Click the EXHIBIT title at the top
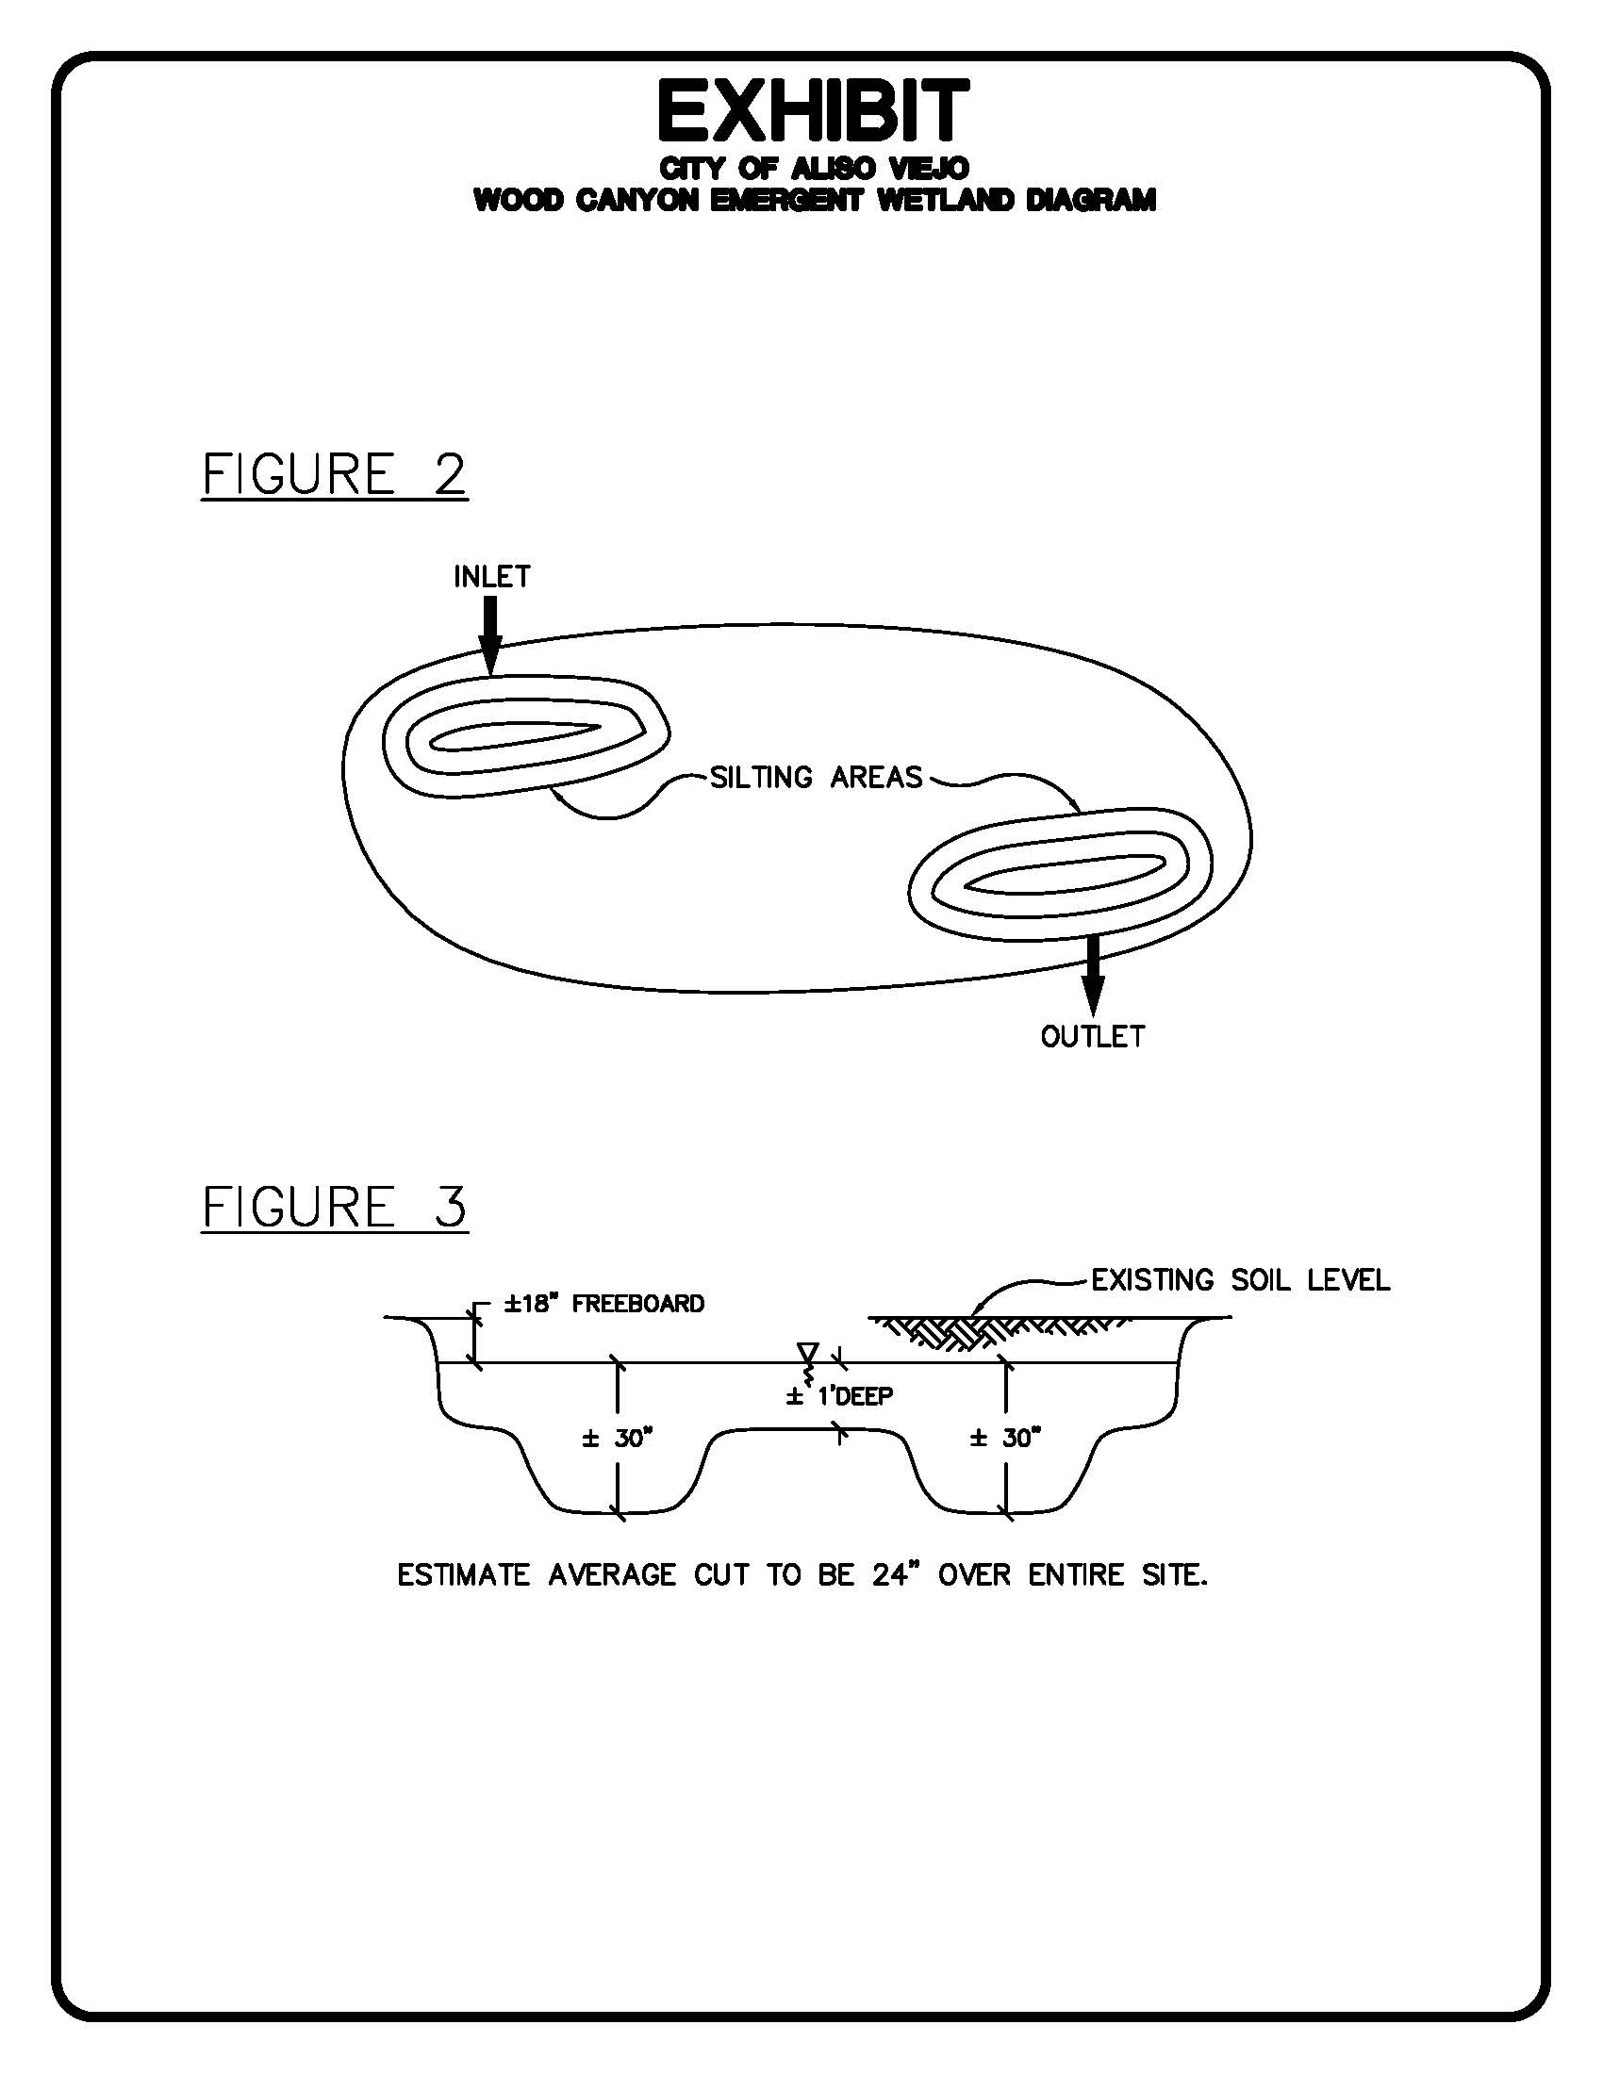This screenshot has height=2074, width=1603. [814, 111]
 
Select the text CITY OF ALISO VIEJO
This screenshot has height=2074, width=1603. [814, 169]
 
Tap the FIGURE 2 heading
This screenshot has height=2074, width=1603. [335, 474]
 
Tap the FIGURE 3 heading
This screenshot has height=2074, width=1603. [335, 1206]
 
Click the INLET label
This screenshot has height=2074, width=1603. [492, 576]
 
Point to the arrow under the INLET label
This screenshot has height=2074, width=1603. [490, 635]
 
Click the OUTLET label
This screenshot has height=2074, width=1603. [1093, 1036]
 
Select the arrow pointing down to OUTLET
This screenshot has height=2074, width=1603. [1094, 977]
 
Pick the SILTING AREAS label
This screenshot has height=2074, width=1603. [817, 778]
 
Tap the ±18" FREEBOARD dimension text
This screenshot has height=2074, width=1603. [604, 1304]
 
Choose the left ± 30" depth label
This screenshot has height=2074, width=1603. [619, 1439]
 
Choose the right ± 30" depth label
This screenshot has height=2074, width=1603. [1006, 1439]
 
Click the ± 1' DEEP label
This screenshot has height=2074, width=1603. [839, 1396]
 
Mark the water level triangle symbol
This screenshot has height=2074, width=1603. [808, 1351]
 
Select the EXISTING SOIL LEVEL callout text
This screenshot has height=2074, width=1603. [1240, 1280]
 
